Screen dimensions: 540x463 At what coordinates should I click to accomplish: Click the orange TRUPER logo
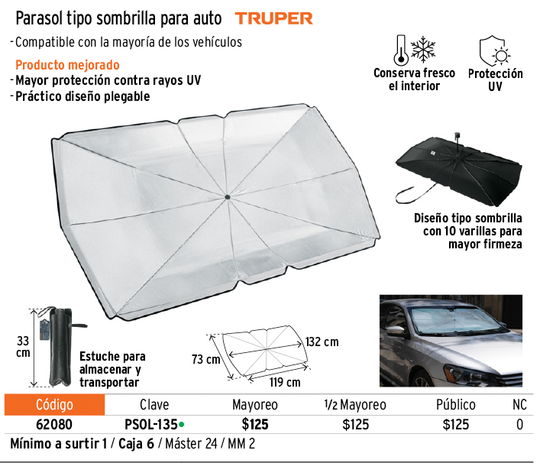pos(273,18)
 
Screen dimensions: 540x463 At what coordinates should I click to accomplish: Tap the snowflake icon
pos(423,49)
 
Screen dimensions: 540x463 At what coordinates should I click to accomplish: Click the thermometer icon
pos(401,50)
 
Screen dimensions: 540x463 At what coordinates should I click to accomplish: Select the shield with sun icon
pos(495,50)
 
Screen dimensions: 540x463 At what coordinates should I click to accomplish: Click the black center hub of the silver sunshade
pos(228,197)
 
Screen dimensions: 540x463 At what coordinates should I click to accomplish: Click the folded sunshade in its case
pos(60,347)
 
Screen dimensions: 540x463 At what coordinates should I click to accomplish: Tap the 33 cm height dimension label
pos(23,347)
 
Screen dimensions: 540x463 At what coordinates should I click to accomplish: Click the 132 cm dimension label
pos(322,342)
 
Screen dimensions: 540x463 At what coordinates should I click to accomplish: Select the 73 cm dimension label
pos(206,359)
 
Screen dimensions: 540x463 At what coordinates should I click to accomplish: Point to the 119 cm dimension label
pos(285,382)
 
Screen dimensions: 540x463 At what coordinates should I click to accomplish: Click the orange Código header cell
pos(54,404)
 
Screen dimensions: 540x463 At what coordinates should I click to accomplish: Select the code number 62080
pos(54,425)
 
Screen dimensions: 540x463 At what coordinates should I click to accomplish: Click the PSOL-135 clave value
pos(150,425)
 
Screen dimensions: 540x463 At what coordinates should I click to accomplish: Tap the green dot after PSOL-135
pos(182,425)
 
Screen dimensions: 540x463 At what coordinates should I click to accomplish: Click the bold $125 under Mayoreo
pos(255,425)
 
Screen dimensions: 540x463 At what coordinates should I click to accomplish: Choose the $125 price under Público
pos(456,425)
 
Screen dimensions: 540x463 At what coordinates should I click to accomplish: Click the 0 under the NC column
pos(519,425)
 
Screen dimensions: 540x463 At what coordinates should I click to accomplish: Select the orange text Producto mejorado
pos(67,65)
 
